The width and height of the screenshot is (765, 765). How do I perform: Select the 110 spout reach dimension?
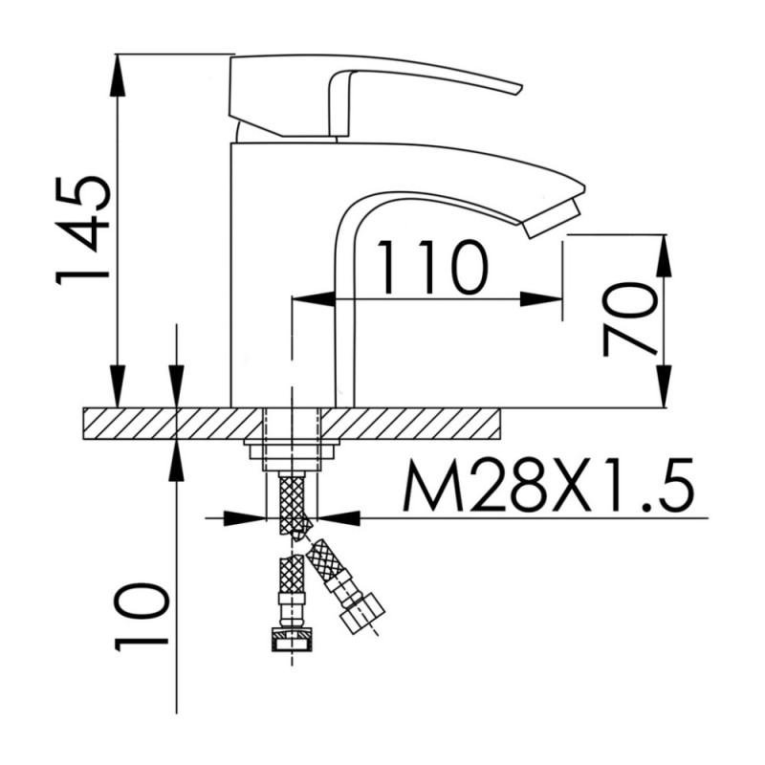(432, 268)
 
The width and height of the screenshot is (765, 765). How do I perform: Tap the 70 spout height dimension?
(629, 319)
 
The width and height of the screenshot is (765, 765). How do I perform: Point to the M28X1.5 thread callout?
(548, 485)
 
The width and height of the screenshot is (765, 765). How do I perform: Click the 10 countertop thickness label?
(142, 617)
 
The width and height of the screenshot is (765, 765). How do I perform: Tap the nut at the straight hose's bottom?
(292, 640)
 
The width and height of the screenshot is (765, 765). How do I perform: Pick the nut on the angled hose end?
(363, 612)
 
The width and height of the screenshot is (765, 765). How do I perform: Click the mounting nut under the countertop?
(292, 449)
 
